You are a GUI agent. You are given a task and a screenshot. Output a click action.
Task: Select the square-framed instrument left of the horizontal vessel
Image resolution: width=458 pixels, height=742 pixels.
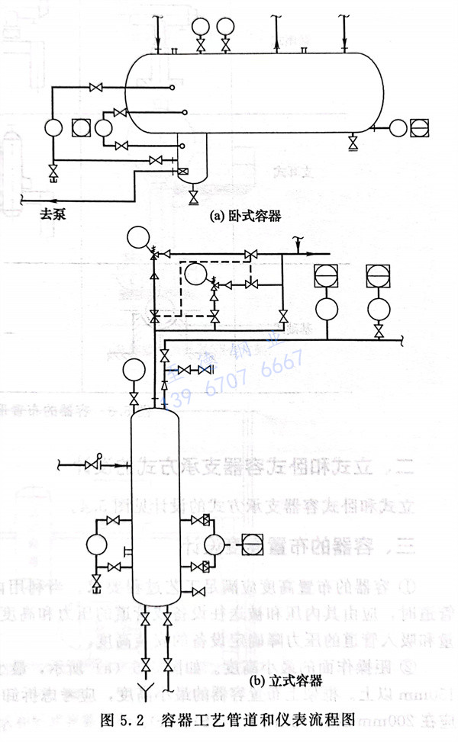pyautogui.click(x=80, y=127)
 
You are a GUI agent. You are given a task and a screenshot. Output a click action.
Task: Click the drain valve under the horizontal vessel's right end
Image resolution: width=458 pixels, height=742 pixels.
pyautogui.click(x=353, y=142)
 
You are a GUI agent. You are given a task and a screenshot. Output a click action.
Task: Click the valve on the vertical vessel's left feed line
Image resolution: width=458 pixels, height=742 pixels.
pyautogui.click(x=94, y=462)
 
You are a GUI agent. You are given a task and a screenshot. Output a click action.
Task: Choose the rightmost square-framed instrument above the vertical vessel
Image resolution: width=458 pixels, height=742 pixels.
pyautogui.click(x=378, y=274)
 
